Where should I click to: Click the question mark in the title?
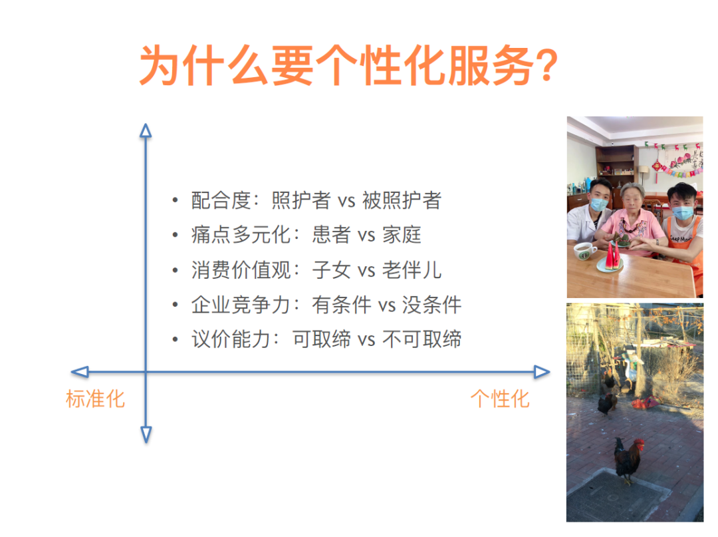[546, 67]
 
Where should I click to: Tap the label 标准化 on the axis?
[95, 399]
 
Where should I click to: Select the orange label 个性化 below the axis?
[500, 399]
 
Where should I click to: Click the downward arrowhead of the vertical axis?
[146, 435]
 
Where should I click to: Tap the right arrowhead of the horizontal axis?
[542, 372]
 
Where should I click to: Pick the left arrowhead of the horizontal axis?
[79, 372]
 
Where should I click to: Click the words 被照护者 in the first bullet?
[402, 200]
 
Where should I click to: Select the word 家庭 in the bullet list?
[402, 235]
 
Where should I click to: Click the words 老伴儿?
[412, 270]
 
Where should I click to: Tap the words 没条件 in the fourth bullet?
[431, 305]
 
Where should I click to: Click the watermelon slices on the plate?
[614, 255]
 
